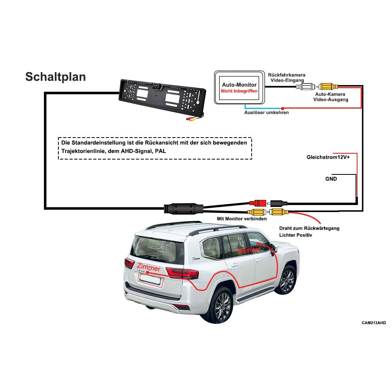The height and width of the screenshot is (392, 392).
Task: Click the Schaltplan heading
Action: (55, 76)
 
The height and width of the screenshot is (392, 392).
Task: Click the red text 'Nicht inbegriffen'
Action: (239, 91)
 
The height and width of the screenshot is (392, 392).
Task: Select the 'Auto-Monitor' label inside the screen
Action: (239, 85)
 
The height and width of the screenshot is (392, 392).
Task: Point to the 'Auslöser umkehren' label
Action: (267, 113)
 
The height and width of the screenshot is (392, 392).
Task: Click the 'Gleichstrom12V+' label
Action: (328, 157)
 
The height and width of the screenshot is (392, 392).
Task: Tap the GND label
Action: (331, 179)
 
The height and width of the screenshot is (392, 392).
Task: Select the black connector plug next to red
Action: (279, 203)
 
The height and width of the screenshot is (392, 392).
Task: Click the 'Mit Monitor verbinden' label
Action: (242, 219)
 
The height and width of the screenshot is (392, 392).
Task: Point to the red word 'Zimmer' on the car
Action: (149, 268)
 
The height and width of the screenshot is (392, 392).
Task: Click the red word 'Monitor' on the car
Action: (249, 250)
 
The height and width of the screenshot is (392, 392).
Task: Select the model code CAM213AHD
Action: (374, 323)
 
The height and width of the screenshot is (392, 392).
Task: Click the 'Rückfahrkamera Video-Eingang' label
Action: (287, 77)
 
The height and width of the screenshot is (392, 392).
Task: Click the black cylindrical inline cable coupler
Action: (183, 207)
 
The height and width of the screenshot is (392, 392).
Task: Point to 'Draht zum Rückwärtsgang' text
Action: (309, 228)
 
